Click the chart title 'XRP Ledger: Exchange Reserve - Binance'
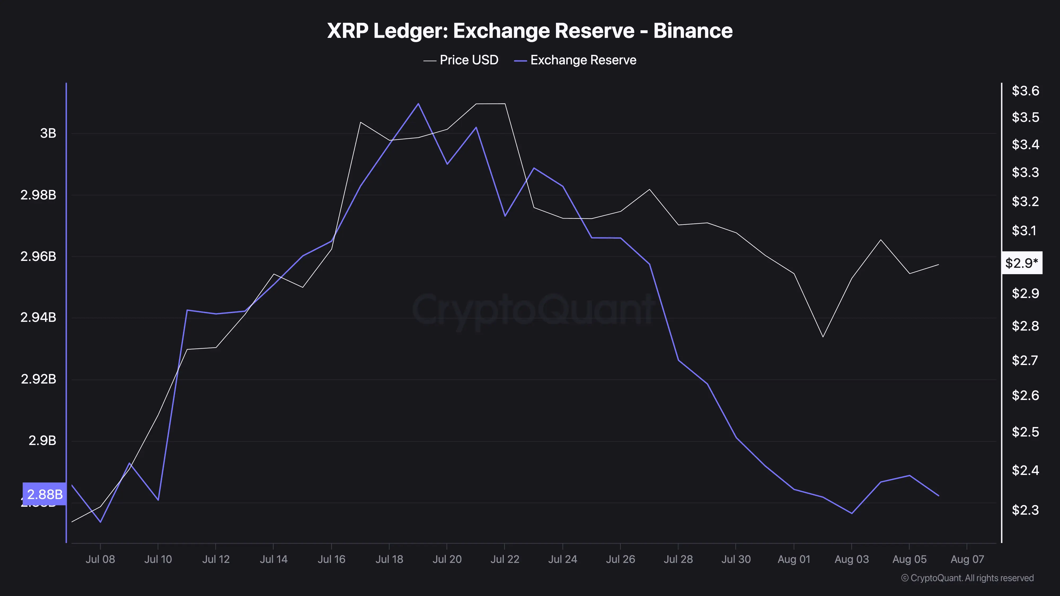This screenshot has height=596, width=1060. click(529, 31)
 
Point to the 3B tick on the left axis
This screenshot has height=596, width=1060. click(48, 133)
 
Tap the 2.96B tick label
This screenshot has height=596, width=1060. click(38, 256)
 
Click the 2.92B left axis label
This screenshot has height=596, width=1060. click(38, 379)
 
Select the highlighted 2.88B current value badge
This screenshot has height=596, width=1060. click(45, 494)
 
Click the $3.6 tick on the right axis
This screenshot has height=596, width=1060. click(1025, 91)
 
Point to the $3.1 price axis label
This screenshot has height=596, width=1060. click(1025, 230)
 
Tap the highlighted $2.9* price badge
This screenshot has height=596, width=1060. click(1022, 263)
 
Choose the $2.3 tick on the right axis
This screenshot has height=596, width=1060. click(1025, 510)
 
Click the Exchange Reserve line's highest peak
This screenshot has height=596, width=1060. click(418, 104)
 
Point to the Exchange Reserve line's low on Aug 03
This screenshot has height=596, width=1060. click(852, 513)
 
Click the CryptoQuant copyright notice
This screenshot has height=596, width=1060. click(967, 578)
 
